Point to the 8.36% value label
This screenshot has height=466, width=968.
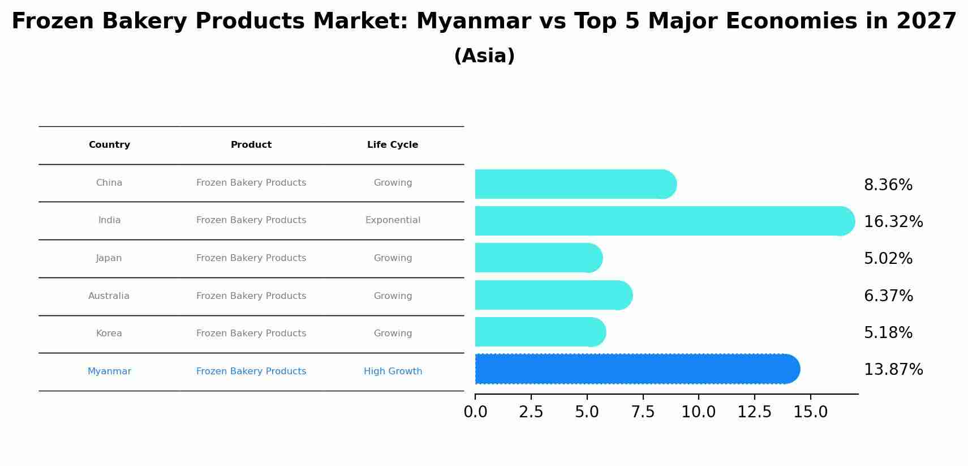coord(888,185)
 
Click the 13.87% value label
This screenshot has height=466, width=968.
coord(893,370)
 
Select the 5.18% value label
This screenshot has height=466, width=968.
coord(888,333)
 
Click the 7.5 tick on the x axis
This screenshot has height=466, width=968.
coord(643,412)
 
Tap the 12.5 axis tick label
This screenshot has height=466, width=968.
coord(754,412)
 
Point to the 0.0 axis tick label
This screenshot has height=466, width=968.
coord(475,412)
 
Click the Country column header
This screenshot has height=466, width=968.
coord(109,145)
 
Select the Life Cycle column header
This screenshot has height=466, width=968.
coord(393,145)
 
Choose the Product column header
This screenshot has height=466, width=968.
coord(251,145)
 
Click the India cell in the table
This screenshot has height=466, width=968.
coord(109,220)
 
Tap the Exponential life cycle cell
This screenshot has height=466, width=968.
coord(393,220)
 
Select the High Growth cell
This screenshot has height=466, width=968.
coord(393,371)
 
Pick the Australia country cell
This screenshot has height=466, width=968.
coord(109,296)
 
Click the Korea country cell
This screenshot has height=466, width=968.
coord(109,334)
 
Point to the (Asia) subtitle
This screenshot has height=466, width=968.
coord(484,56)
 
